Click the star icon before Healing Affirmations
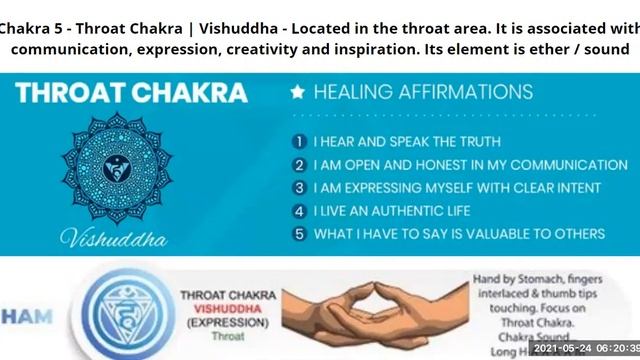coord(297,93)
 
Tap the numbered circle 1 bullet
coord(298,142)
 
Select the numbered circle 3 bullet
coord(298,188)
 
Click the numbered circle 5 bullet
coord(298,234)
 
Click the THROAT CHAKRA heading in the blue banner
coord(131,93)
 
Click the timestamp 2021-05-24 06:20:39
coord(584,351)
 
